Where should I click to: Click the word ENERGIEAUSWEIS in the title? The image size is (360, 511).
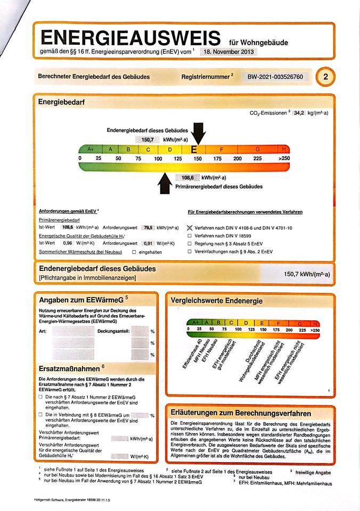coord(130,37)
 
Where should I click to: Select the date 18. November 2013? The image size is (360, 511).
coord(228,52)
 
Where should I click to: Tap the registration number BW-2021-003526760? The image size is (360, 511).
coord(275,77)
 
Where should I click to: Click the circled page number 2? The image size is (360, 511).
coord(325,77)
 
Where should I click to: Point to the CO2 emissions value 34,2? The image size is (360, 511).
coord(299,113)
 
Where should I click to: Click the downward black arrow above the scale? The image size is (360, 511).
coord(198,134)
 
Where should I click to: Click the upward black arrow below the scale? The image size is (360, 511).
coord(165,183)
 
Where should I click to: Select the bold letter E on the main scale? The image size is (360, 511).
coord(194,150)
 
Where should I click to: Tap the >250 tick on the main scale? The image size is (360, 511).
coord(284,159)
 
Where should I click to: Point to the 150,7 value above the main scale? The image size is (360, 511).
coord(148,140)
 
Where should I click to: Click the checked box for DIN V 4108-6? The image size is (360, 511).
coord(190,228)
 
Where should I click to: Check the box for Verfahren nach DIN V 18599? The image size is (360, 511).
coord(190,236)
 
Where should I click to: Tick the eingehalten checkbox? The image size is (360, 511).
coord(134,252)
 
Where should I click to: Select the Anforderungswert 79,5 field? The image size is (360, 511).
coord(148,228)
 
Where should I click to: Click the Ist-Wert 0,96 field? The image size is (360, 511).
coord(68,243)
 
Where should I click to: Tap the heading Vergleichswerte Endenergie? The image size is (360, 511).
coord(217,301)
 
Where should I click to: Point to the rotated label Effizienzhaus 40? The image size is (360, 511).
coord(192,353)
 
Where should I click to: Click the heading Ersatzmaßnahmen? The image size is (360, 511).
coord(69,368)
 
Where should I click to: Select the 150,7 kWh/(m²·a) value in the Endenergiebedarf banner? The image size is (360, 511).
coord(307,274)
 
